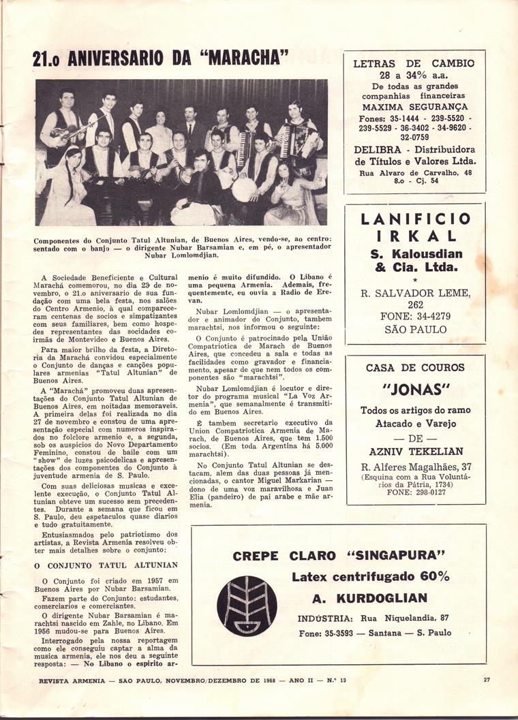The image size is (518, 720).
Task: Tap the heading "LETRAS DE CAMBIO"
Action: coord(414,64)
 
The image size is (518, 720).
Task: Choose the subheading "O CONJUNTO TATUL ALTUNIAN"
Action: coord(106,565)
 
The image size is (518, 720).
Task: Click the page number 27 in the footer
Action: coord(487,679)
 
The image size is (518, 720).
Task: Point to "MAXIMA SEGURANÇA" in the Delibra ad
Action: coord(414,107)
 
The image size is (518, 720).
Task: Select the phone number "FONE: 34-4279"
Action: coord(414,317)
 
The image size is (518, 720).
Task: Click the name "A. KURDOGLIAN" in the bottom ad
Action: coord(369,598)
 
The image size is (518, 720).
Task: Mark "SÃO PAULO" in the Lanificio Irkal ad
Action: coord(414,330)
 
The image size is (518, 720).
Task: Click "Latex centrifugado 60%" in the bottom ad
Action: coord(371,576)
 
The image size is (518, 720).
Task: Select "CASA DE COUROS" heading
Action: coord(414,368)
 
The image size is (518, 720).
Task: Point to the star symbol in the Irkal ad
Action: coord(414,279)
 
